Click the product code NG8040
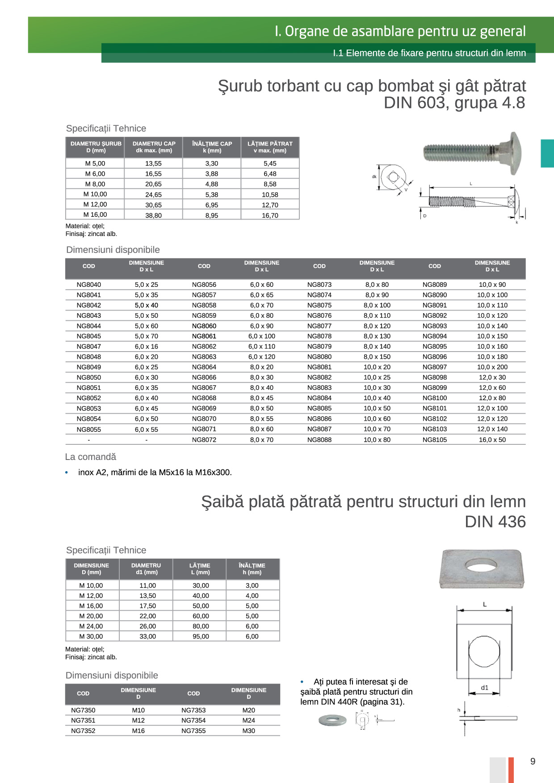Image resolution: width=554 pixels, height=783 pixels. coord(88,285)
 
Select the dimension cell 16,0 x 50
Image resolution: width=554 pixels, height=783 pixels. coord(492,439)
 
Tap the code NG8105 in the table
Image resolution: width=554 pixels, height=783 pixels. coord(434,439)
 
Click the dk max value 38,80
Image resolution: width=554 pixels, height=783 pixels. coord(153,215)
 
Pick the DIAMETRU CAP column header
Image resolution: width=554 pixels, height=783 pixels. coord(154,147)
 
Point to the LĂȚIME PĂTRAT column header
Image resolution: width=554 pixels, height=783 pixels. coord(270,147)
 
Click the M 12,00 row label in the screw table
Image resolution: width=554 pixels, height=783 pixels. coord(95,204)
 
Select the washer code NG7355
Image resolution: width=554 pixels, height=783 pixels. coord(193,731)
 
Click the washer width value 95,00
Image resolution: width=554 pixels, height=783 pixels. coord(201,636)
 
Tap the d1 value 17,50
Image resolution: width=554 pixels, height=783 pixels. coord(147,606)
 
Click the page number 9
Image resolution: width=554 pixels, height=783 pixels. coord(533,761)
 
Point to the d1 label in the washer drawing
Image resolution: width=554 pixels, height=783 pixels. coord(485,688)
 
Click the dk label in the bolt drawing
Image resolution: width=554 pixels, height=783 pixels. coord(374,177)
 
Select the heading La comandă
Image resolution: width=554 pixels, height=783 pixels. coord(90,457)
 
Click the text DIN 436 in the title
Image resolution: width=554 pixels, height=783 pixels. coord(495,522)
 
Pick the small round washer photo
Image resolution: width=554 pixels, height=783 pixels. coord(332,720)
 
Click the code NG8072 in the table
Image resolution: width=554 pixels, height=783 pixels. coord(204,439)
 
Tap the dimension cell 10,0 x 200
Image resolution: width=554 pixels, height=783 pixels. coord(492,367)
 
